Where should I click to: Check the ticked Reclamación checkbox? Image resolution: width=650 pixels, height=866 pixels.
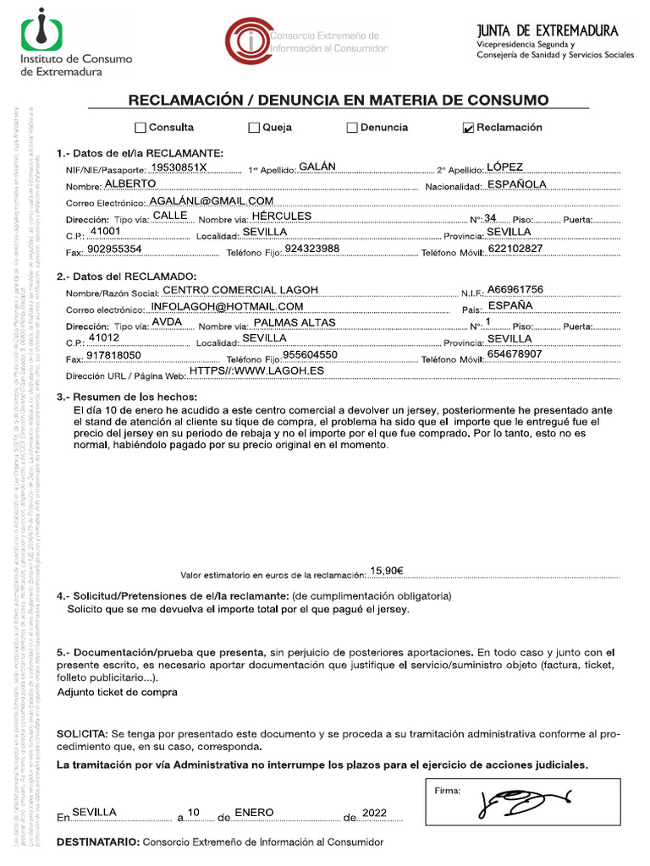pyautogui.click(x=468, y=129)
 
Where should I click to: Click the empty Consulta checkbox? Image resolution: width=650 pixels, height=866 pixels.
pyautogui.click(x=140, y=129)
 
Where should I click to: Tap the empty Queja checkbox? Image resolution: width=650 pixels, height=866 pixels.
pyautogui.click(x=254, y=129)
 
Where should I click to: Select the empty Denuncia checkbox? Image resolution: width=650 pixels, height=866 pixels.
pyautogui.click(x=352, y=129)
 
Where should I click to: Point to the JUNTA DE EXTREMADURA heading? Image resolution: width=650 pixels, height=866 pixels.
pyautogui.click(x=548, y=31)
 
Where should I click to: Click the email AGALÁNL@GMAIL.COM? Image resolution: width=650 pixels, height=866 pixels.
pyautogui.click(x=211, y=200)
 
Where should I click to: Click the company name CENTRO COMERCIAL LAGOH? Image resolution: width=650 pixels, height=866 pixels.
pyautogui.click(x=240, y=289)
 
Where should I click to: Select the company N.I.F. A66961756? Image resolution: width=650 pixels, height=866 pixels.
pyautogui.click(x=515, y=289)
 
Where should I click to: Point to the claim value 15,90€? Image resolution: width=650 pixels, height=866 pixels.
pyautogui.click(x=387, y=570)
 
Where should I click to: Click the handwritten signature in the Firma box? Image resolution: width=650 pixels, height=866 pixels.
pyautogui.click(x=523, y=800)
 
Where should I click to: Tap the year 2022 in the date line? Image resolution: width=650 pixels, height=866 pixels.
pyautogui.click(x=373, y=813)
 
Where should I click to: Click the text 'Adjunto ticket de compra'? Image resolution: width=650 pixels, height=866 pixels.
pyautogui.click(x=117, y=692)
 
